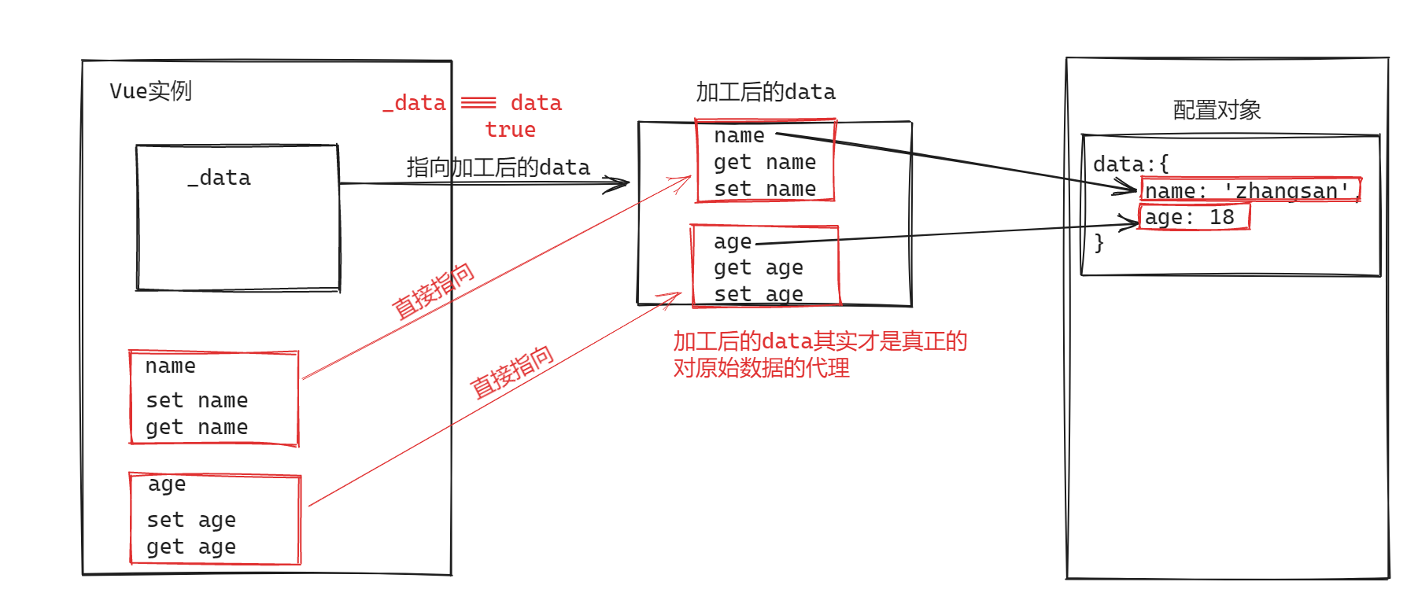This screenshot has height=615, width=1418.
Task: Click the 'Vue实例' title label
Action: pyautogui.click(x=150, y=91)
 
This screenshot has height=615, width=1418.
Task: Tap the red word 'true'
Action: pyautogui.click(x=510, y=130)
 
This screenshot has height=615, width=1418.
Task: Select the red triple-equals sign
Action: pyautogui.click(x=478, y=103)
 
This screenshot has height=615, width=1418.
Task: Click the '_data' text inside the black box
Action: pyautogui.click(x=220, y=179)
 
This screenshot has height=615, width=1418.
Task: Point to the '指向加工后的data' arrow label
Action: pyautogui.click(x=498, y=168)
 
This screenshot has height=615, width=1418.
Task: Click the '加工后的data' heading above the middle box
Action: pyautogui.click(x=765, y=92)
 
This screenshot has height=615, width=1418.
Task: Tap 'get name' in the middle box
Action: pyautogui.click(x=764, y=163)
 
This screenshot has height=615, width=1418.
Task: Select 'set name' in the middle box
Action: pyautogui.click(x=764, y=190)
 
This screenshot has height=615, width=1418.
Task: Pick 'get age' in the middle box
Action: pyautogui.click(x=758, y=268)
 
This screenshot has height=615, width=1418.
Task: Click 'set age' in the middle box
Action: pyautogui.click(x=758, y=294)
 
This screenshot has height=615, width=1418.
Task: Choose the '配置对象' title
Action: pyautogui.click(x=1217, y=110)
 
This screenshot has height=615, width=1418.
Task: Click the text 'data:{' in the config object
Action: pyautogui.click(x=1131, y=164)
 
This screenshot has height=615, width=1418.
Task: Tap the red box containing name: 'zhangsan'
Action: pyautogui.click(x=1250, y=190)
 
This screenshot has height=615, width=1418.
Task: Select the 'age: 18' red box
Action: pyautogui.click(x=1194, y=217)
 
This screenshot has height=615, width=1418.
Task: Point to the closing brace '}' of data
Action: pyautogui.click(x=1099, y=243)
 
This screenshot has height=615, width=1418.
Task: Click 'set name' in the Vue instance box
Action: pyautogui.click(x=197, y=401)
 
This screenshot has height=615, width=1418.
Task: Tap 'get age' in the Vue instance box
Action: pyautogui.click(x=191, y=547)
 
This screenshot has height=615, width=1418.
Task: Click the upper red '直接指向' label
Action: pyautogui.click(x=434, y=291)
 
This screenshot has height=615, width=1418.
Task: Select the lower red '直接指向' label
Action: pyautogui.click(x=512, y=372)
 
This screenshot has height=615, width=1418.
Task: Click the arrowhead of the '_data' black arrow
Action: pyautogui.click(x=622, y=184)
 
